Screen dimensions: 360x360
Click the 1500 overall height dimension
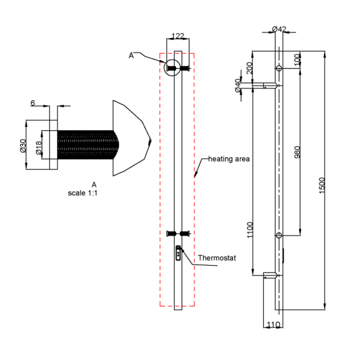[x=322, y=185]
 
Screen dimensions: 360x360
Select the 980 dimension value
[x=297, y=152]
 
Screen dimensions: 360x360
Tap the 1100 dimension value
[x=249, y=230]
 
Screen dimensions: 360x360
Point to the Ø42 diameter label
[x=279, y=29]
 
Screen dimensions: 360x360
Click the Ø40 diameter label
[x=238, y=85]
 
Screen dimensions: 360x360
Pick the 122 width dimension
[x=178, y=36]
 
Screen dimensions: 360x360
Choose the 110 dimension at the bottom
[x=274, y=325]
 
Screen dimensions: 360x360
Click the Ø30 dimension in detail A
[x=23, y=146]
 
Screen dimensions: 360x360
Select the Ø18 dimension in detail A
[x=39, y=148]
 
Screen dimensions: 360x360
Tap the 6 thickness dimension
[x=33, y=103]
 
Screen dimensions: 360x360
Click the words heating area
[x=228, y=159]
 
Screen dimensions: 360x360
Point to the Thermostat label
[x=217, y=258]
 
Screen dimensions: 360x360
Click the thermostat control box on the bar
[x=178, y=253]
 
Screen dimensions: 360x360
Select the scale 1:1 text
[x=82, y=193]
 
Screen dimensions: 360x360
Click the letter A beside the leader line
[x=131, y=56]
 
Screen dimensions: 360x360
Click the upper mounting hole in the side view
[x=279, y=68]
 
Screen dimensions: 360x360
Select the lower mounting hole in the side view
[x=279, y=236]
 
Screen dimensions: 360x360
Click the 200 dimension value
[x=249, y=68]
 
